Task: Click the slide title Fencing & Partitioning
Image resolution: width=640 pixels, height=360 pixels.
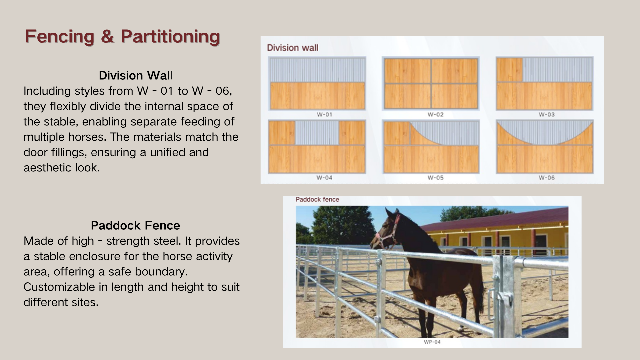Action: (x=122, y=36)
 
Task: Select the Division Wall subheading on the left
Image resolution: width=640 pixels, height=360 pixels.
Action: (x=135, y=75)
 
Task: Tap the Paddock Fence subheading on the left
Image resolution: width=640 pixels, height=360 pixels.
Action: (x=135, y=225)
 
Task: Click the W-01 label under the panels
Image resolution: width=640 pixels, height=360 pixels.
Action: (x=324, y=114)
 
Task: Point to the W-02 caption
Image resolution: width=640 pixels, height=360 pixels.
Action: (x=436, y=114)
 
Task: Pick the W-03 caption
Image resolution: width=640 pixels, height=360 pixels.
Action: (x=547, y=114)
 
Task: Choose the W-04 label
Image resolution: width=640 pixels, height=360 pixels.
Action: (x=324, y=178)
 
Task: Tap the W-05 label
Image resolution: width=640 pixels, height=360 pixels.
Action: (x=436, y=178)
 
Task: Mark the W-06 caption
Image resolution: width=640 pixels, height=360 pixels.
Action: (x=547, y=178)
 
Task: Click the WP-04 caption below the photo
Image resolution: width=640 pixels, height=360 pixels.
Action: (x=432, y=342)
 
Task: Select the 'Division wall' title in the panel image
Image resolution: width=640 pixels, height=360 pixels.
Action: (x=293, y=48)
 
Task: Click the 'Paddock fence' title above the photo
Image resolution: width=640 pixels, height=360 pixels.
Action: (x=317, y=199)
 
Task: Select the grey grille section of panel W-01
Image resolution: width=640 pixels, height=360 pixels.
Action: (x=317, y=70)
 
